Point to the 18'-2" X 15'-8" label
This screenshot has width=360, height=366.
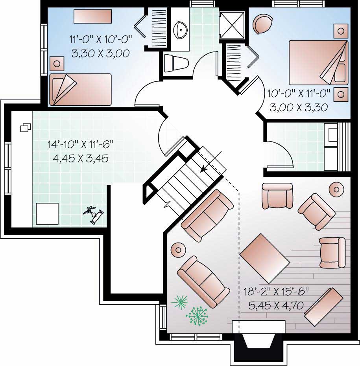click(276, 292)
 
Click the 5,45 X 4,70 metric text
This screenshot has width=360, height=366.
click(276, 305)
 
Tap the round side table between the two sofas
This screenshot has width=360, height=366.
click(178, 249)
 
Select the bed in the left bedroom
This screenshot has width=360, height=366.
click(81, 89)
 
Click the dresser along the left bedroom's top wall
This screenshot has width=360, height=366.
click(92, 17)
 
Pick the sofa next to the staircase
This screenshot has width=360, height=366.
click(207, 215)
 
